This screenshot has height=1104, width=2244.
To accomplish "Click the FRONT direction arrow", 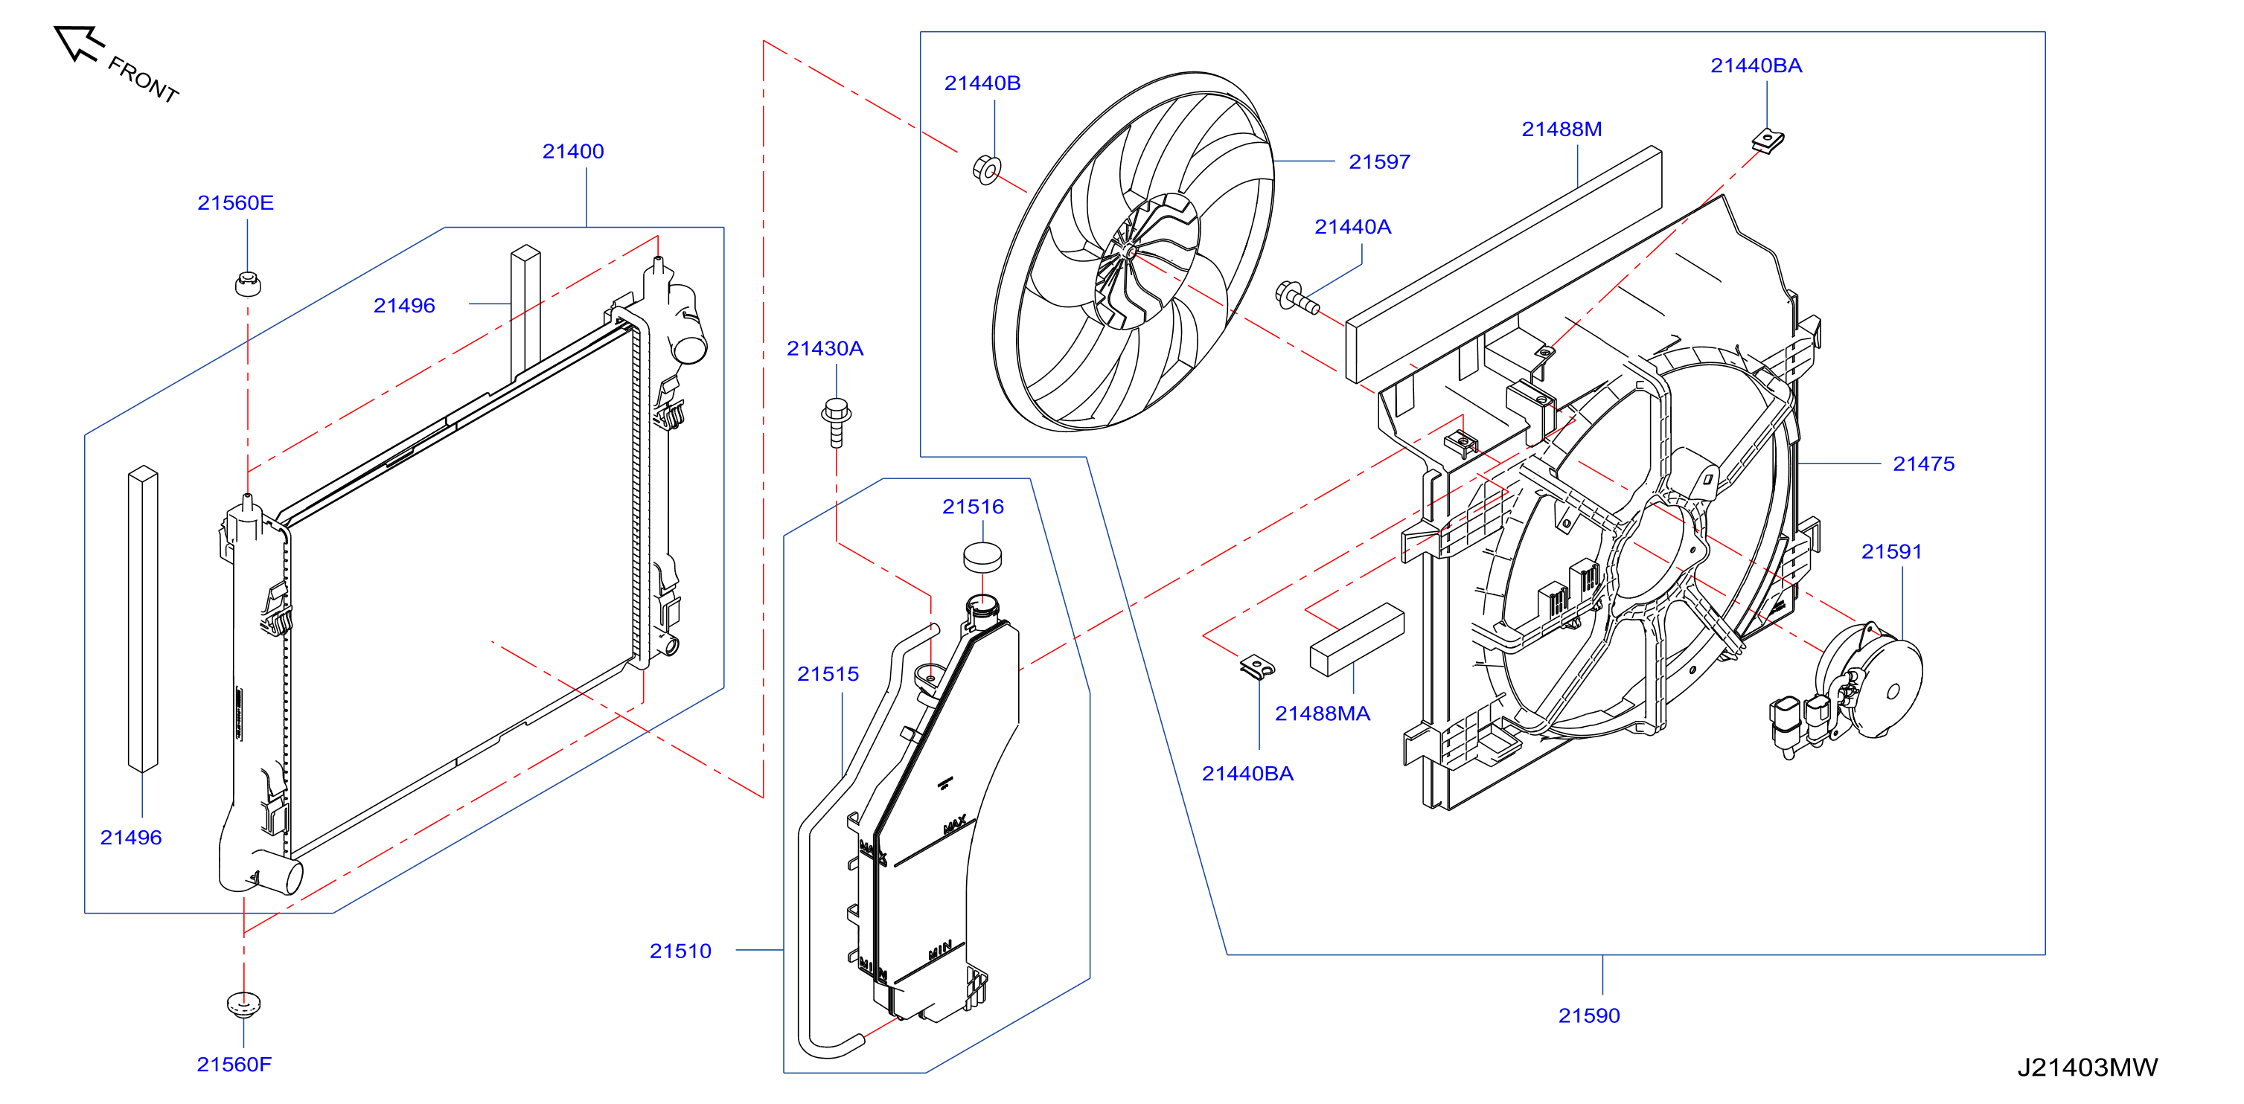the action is (78, 44).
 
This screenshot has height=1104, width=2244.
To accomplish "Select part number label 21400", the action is (573, 152).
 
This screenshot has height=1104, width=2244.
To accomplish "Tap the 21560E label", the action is (235, 203).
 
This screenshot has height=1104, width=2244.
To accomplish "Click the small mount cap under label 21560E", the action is (249, 284).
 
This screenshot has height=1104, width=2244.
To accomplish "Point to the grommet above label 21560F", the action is (244, 1004).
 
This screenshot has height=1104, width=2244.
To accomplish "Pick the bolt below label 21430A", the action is (837, 423).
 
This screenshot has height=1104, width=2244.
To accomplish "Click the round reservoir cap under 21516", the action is (982, 557).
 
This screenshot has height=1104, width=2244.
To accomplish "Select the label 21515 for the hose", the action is (828, 674).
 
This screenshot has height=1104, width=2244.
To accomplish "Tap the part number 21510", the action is (680, 951).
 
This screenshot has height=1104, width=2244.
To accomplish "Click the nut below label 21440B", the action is (987, 169).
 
